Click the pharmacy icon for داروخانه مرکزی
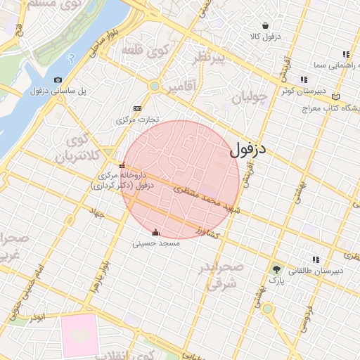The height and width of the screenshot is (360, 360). click(x=122, y=165)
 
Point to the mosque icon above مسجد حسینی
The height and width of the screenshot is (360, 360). click(x=156, y=232)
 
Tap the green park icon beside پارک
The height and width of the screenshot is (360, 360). click(x=276, y=268)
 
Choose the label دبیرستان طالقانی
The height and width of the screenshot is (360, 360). click(x=316, y=271)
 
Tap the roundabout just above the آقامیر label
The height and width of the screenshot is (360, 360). click(x=154, y=86)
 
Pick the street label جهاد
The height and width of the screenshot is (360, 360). click(x=96, y=212)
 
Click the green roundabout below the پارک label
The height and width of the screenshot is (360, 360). click(x=267, y=309)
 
